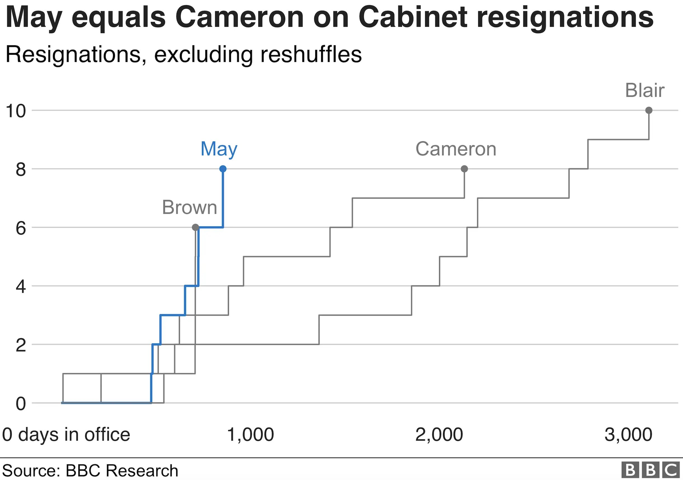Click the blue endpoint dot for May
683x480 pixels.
pyautogui.click(x=223, y=169)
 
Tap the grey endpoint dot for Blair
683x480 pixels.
pyautogui.click(x=649, y=110)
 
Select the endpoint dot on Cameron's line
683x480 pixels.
pyautogui.click(x=464, y=169)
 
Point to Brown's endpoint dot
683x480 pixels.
pyautogui.click(x=196, y=227)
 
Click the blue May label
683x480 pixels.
pyautogui.click(x=219, y=149)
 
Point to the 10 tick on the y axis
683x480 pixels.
pyautogui.click(x=16, y=111)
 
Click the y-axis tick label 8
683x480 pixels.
pyautogui.click(x=20, y=170)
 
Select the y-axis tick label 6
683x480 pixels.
pyautogui.click(x=20, y=228)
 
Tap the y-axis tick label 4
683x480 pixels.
pyautogui.click(x=20, y=287)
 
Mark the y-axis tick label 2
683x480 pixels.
pyautogui.click(x=20, y=345)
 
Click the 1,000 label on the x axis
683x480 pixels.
pyautogui.click(x=250, y=434)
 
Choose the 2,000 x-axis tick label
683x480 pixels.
pyautogui.click(x=439, y=434)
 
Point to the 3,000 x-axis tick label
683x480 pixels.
pyautogui.click(x=628, y=434)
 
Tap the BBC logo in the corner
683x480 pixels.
pyautogui.click(x=651, y=470)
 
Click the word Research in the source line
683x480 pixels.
pyautogui.click(x=142, y=471)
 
